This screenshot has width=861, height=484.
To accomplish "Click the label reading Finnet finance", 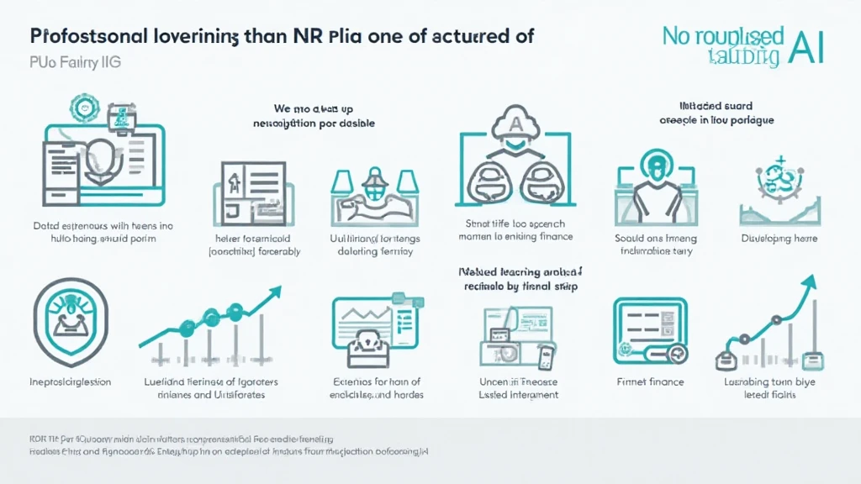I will (650, 381).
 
